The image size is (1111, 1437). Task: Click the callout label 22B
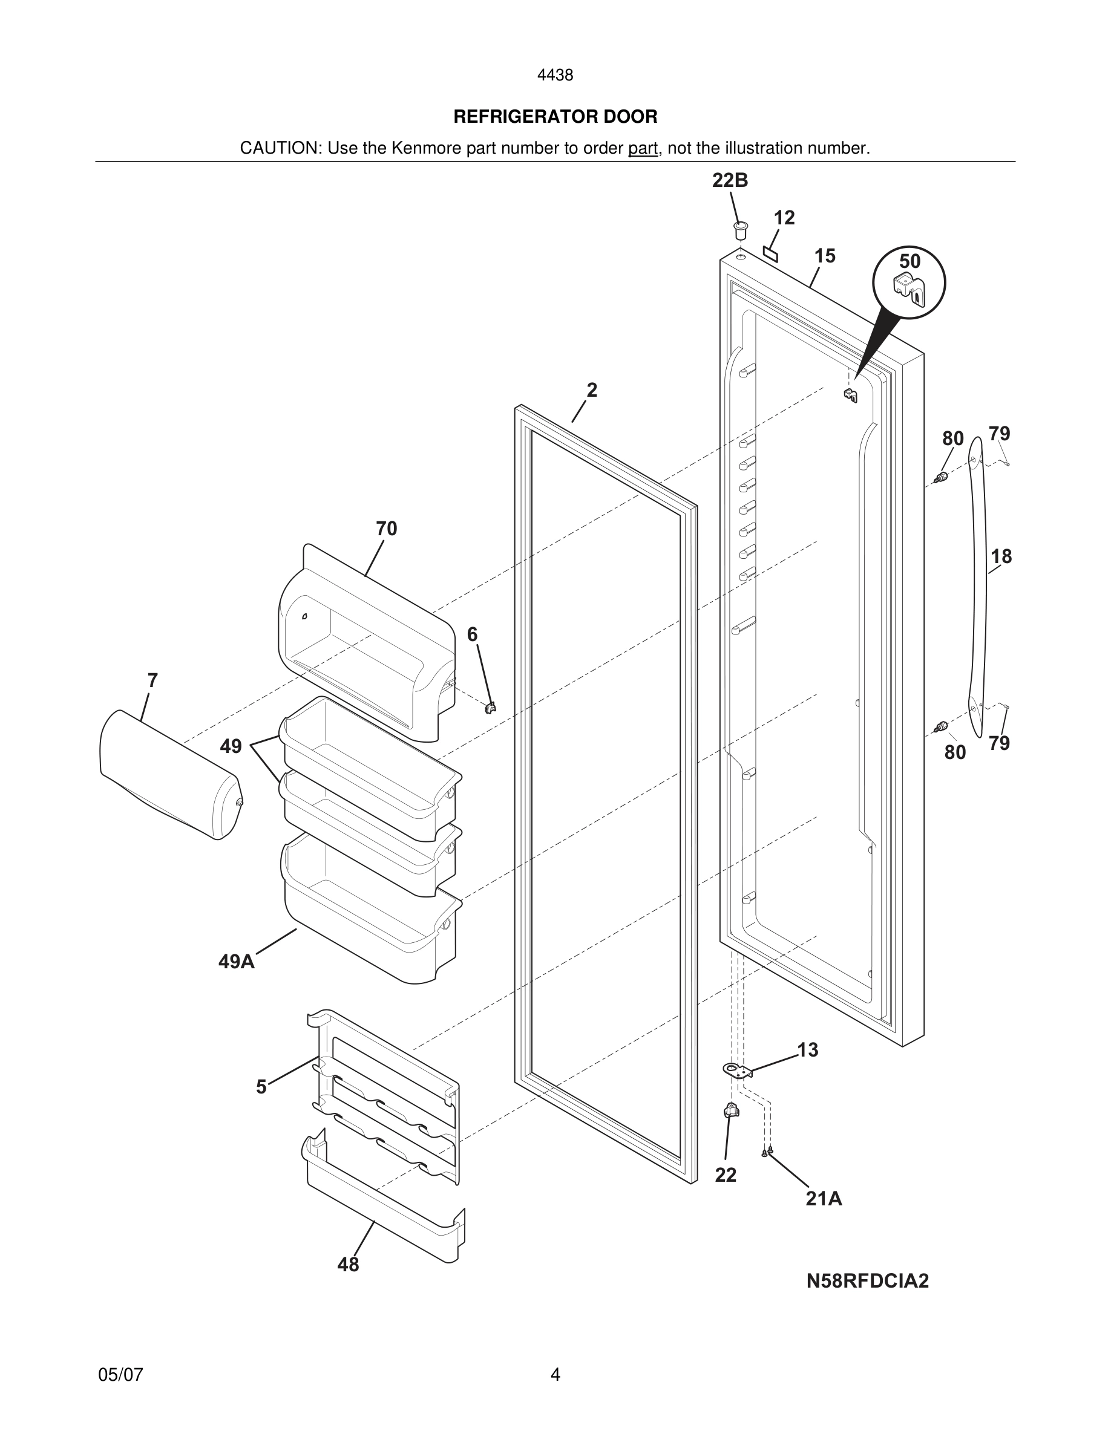[x=730, y=180]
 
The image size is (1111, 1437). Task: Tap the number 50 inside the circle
[x=909, y=261]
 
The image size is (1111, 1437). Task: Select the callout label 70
[x=386, y=529]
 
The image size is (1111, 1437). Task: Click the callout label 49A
[x=236, y=962]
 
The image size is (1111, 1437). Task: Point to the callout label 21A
[x=824, y=1199]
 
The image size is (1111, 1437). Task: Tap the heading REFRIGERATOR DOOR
[x=555, y=117]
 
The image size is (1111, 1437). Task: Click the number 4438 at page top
[x=555, y=76]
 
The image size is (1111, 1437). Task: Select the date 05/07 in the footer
[x=120, y=1375]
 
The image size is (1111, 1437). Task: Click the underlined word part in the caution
[x=643, y=149]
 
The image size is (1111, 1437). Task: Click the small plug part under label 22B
[x=741, y=231]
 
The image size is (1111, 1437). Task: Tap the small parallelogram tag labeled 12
[x=770, y=253]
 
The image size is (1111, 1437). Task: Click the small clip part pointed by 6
[x=490, y=708]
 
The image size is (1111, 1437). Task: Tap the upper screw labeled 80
[x=943, y=477]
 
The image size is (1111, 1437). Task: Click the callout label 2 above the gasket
[x=592, y=390]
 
